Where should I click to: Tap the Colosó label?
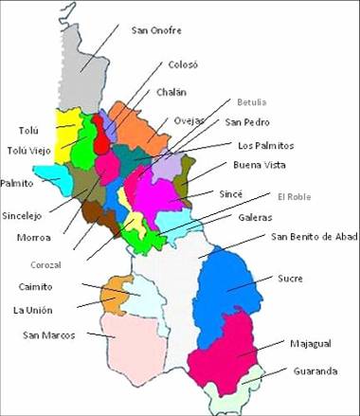tap(183, 65)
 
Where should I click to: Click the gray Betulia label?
tap(252, 101)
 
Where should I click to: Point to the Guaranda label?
tap(315, 371)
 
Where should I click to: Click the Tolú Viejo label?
tap(29, 150)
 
